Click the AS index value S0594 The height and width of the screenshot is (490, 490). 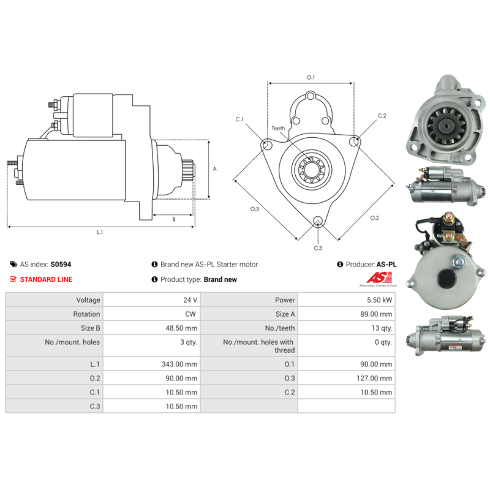(x=61, y=265)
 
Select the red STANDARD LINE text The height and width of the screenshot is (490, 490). (x=47, y=279)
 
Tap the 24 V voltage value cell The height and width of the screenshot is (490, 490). (x=190, y=300)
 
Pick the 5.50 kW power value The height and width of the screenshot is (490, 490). (x=379, y=300)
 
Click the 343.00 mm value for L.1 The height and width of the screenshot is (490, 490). (x=179, y=364)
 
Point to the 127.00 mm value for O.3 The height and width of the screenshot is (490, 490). (x=374, y=378)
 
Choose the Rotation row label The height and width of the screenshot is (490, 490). (x=86, y=314)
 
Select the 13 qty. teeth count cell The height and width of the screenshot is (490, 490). (x=382, y=328)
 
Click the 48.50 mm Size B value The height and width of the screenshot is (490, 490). (x=181, y=328)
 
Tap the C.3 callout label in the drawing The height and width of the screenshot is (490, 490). (x=318, y=248)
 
